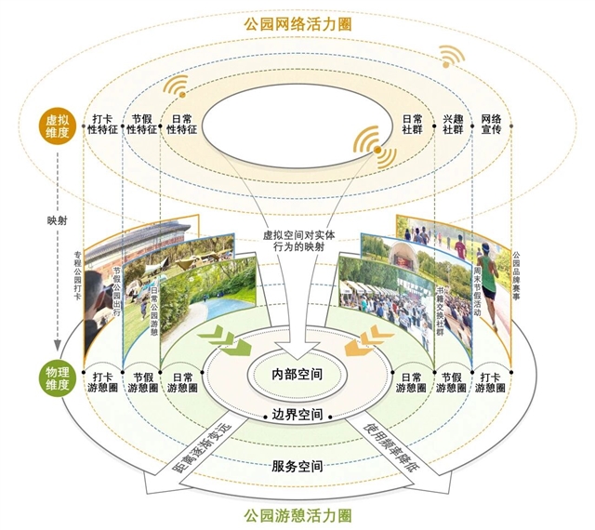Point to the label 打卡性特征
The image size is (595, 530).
click(x=102, y=126)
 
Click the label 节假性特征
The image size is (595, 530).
click(x=142, y=126)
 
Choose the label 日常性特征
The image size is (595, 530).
click(x=182, y=126)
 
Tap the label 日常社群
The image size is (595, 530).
click(x=412, y=126)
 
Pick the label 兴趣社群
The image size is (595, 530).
click(x=452, y=126)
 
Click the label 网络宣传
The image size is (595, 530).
click(x=491, y=126)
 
